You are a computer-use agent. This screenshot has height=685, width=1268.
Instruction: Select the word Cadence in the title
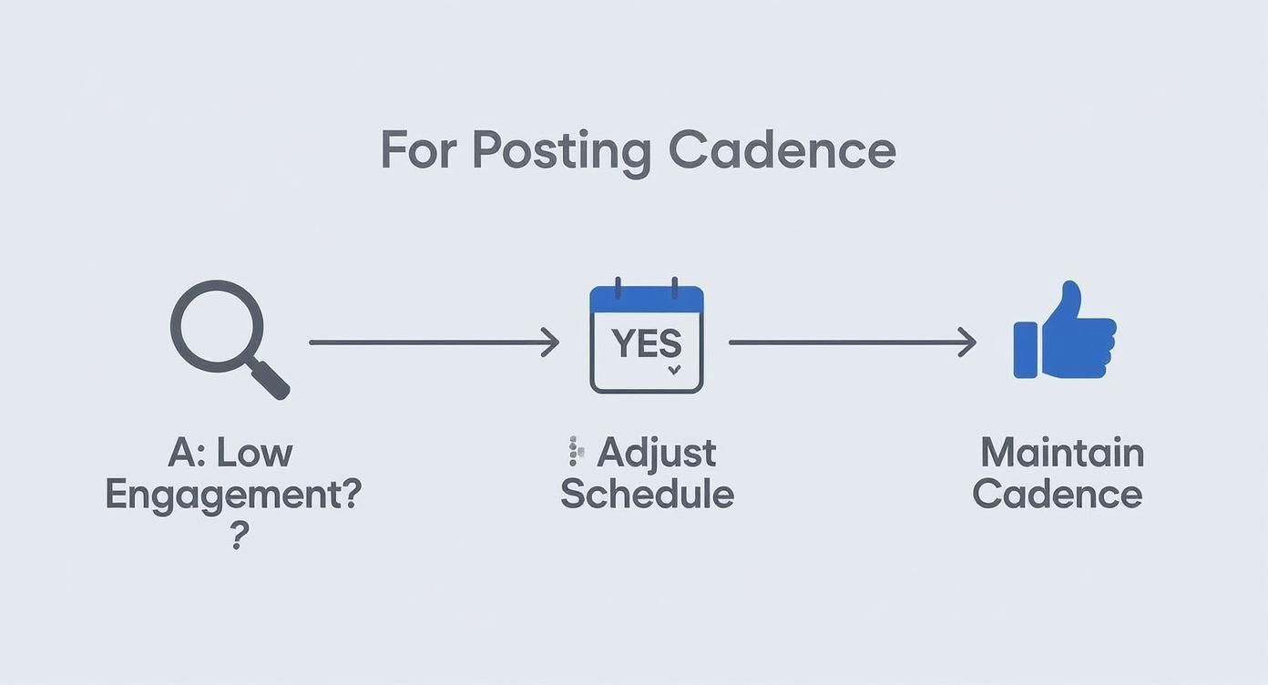pyautogui.click(x=782, y=150)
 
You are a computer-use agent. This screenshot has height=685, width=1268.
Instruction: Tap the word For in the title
pyautogui.click(x=419, y=150)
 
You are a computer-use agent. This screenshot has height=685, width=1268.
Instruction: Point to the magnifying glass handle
pyautogui.click(x=271, y=380)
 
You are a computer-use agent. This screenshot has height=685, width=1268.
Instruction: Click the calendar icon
pyautogui.click(x=647, y=338)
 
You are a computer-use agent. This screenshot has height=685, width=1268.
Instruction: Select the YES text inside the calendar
pyautogui.click(x=646, y=343)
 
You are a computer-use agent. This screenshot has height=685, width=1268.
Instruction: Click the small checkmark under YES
pyautogui.click(x=674, y=371)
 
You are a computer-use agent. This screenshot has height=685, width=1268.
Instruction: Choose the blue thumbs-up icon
pyautogui.click(x=1064, y=332)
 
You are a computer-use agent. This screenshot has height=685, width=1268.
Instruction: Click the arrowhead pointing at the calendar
pyautogui.click(x=550, y=342)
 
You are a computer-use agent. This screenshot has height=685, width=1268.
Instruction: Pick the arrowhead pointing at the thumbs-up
pyautogui.click(x=967, y=342)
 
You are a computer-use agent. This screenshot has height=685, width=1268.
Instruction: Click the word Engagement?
pyautogui.click(x=233, y=494)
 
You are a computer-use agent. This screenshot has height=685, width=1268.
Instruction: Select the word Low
pyautogui.click(x=260, y=453)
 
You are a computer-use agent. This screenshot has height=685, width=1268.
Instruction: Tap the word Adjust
pyautogui.click(x=657, y=453)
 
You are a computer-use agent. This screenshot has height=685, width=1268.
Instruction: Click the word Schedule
pyautogui.click(x=647, y=494)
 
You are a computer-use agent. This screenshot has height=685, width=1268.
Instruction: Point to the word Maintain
pyautogui.click(x=1062, y=453)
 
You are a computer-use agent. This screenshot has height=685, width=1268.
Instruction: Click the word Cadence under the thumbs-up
pyautogui.click(x=1057, y=494)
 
